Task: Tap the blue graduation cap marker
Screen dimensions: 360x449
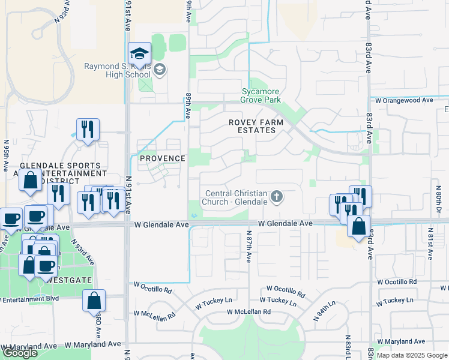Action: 139,54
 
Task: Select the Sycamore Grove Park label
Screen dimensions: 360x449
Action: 261,95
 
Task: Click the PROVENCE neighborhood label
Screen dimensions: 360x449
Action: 162,158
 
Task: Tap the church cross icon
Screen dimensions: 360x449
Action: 277,196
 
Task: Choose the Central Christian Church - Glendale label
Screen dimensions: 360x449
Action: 236,197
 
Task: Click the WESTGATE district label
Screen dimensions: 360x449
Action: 62,279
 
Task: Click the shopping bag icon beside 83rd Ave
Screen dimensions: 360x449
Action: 358,227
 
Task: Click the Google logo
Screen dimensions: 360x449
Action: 20,353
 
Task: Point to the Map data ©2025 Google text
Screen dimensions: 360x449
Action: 412,355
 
